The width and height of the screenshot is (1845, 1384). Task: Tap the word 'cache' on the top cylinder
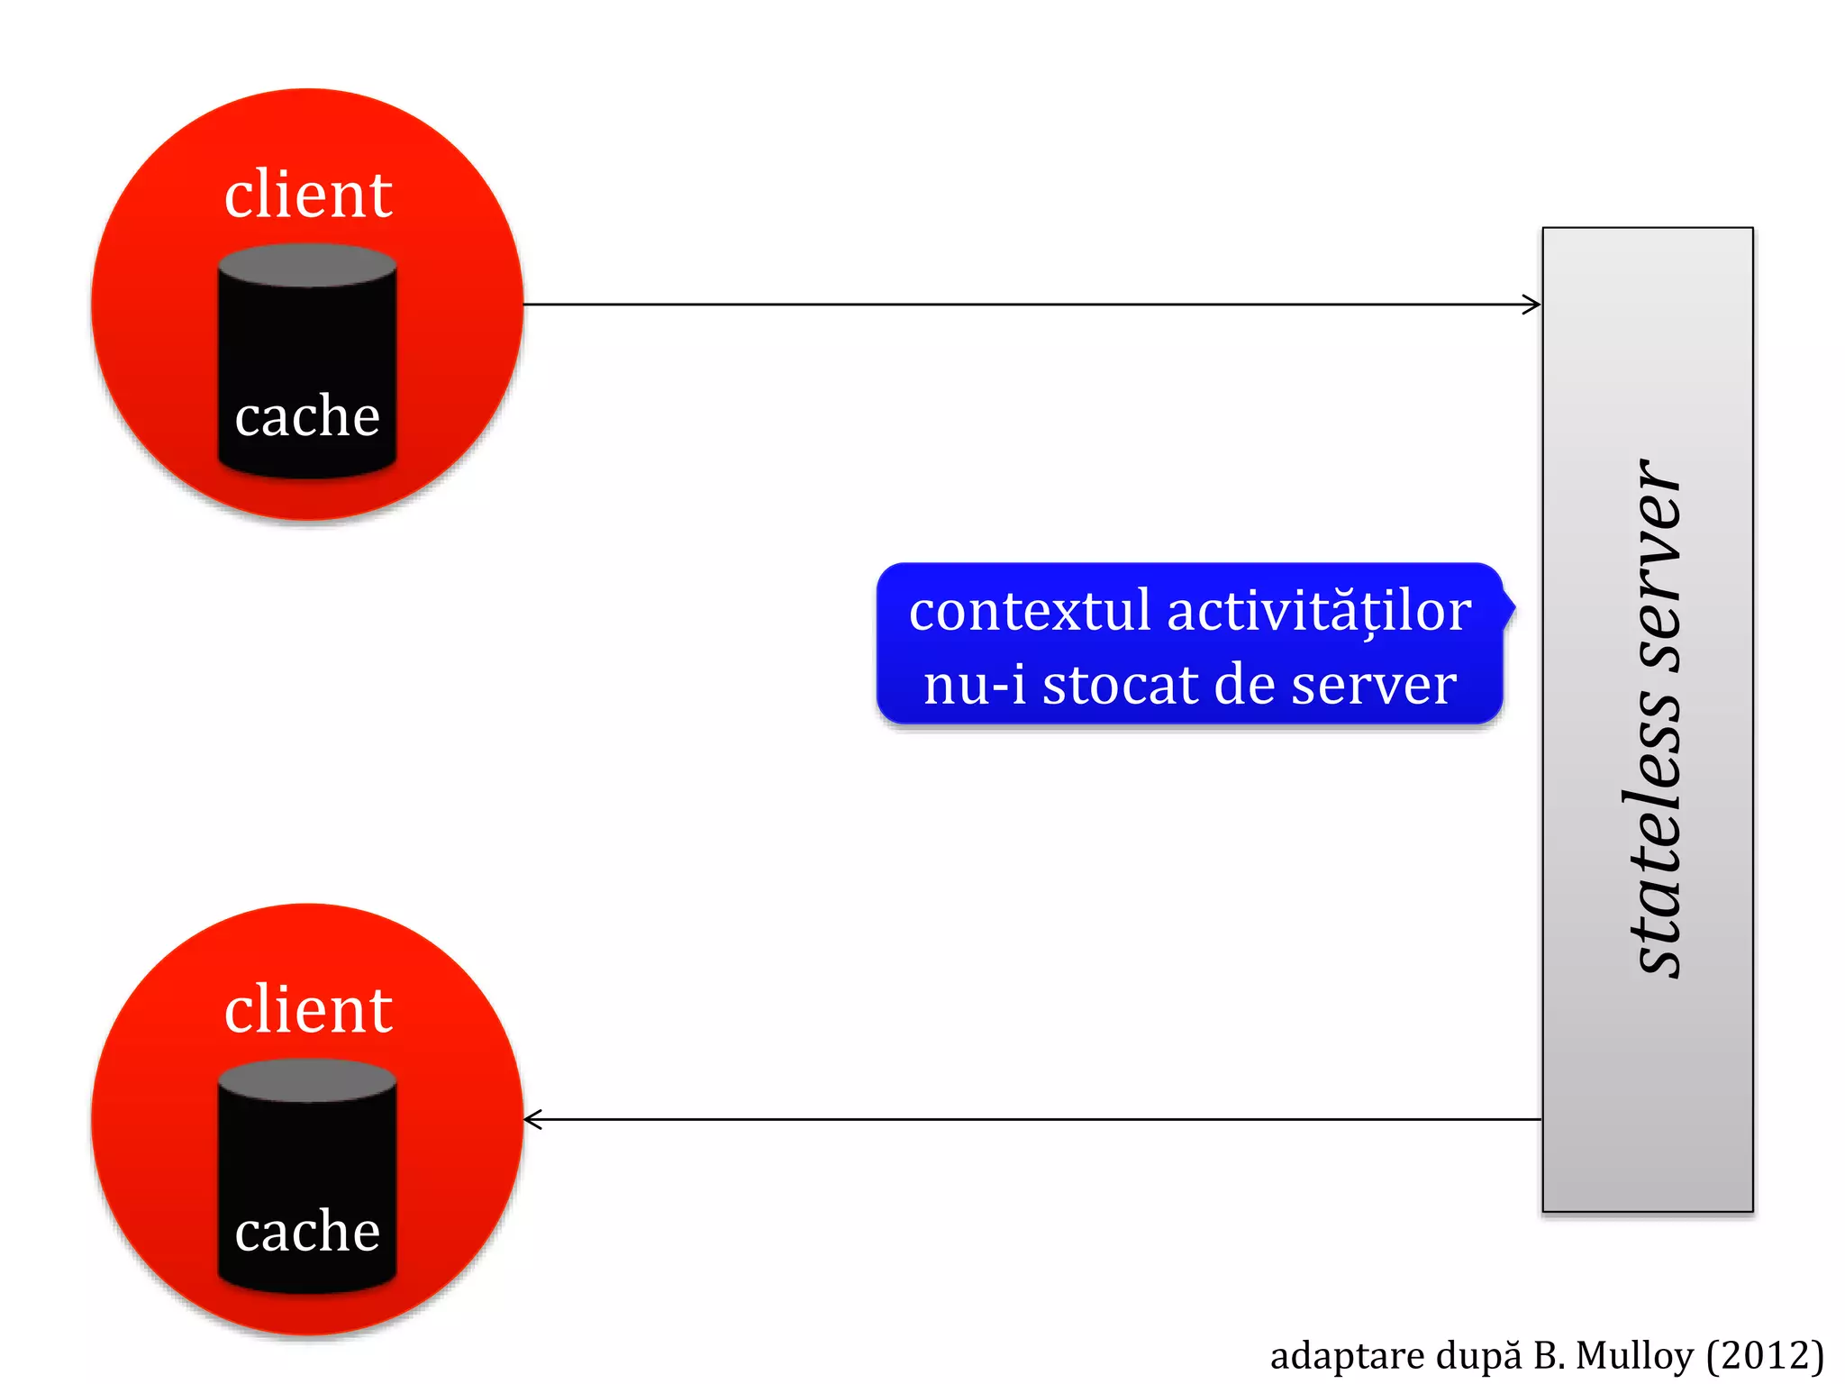(307, 416)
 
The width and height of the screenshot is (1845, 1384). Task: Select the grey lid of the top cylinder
(307, 265)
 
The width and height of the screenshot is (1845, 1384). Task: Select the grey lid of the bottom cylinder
(307, 1079)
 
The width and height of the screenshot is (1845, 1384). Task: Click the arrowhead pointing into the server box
(1532, 305)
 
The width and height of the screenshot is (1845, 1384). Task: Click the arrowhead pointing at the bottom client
(533, 1120)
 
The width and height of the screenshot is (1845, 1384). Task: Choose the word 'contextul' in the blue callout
(1030, 612)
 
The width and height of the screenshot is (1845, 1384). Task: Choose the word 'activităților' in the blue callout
(1319, 612)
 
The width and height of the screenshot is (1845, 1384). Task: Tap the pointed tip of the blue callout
(1515, 607)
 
